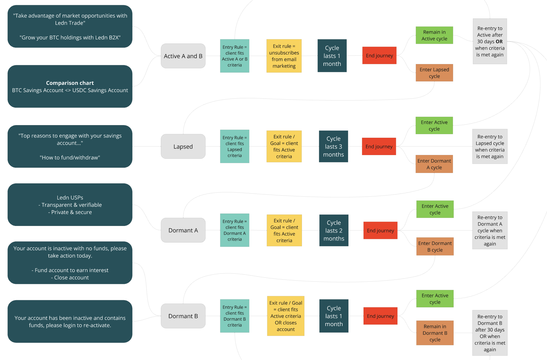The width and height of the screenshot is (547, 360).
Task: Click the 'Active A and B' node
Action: [x=183, y=56]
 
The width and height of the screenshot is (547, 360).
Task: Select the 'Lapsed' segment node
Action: [x=183, y=146]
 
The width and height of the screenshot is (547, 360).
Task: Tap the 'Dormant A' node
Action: [x=183, y=230]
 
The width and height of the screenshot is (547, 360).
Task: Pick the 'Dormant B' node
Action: [x=183, y=316]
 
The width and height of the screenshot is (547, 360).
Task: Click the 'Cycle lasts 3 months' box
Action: [x=333, y=146]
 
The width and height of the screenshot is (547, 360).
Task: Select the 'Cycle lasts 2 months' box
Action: [x=334, y=230]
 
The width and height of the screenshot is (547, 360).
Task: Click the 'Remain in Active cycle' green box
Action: [x=434, y=35]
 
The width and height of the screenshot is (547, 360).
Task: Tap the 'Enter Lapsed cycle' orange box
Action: [x=434, y=73]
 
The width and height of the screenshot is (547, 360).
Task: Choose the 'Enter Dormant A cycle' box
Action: [x=434, y=164]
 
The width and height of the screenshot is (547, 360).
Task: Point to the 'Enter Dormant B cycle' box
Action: [x=435, y=246]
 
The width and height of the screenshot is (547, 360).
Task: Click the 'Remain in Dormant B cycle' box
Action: [x=435, y=333]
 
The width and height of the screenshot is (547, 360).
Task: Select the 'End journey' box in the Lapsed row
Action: [x=379, y=146]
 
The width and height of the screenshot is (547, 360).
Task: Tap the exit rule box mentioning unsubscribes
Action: [x=284, y=56]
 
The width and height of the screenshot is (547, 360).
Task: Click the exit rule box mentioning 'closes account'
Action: [x=286, y=316]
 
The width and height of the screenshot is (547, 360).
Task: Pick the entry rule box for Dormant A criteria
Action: [x=235, y=230]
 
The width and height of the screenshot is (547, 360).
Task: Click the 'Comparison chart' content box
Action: [x=70, y=86]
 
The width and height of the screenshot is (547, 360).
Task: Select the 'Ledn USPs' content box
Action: [x=70, y=205]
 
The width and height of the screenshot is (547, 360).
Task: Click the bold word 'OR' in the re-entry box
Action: [x=499, y=42]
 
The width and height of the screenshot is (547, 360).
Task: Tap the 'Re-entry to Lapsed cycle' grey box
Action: [x=490, y=146]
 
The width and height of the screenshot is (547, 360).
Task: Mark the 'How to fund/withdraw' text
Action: [x=70, y=157]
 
